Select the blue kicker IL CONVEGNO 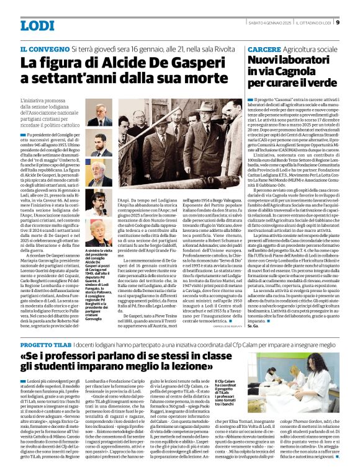(44, 48)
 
